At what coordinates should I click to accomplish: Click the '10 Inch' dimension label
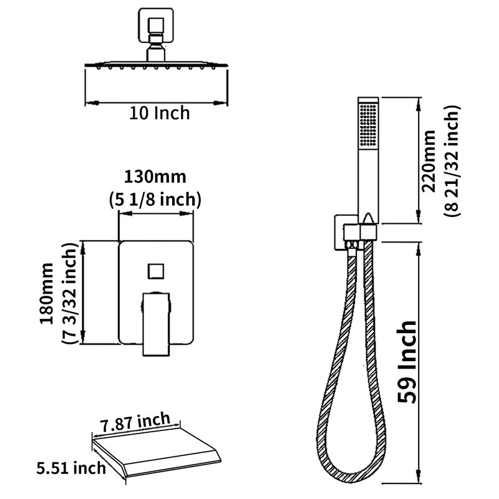point(160,114)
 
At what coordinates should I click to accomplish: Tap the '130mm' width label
point(155,177)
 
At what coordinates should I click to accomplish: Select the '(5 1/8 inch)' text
point(155,200)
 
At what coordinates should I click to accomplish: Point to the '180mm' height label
point(47,293)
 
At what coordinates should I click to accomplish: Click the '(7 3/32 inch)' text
point(69,293)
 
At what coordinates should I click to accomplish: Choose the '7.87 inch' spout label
point(135,422)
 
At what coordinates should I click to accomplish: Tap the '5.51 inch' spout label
point(71,468)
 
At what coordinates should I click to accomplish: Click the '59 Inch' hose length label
point(407,362)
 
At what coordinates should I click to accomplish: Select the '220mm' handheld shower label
point(429,161)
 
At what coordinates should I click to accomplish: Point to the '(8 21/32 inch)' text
point(452,161)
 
